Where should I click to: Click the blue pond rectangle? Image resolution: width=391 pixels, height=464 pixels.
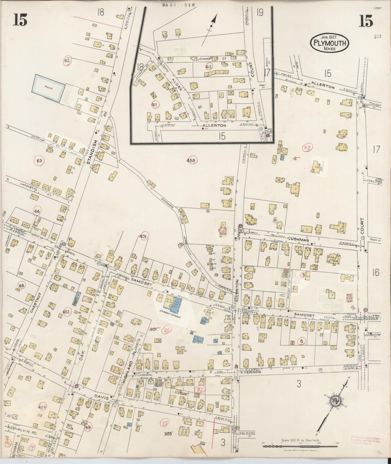tap(49, 88)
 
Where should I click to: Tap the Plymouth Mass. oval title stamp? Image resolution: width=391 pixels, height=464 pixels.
tap(330, 43)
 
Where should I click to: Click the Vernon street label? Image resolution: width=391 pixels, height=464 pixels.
tap(252, 372)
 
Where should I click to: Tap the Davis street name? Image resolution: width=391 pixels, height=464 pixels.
tap(102, 398)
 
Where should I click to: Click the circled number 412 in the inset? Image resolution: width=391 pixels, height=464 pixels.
tap(209, 66)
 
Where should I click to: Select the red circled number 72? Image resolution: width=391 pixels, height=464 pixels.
tap(308, 148)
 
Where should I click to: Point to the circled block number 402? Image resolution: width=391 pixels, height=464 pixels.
tap(66, 312)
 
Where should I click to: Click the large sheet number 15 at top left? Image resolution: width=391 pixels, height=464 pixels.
tap(21, 20)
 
